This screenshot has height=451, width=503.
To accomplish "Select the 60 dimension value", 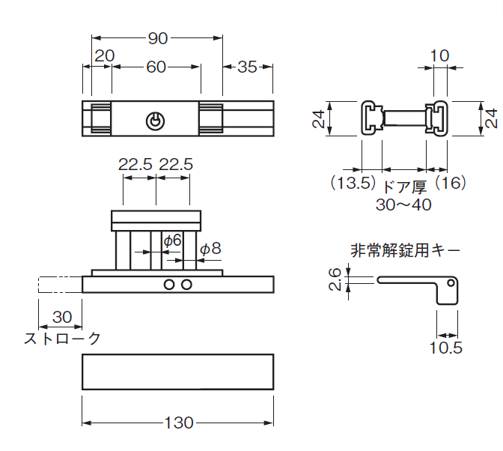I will pos(156,67).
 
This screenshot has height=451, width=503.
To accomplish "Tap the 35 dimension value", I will pos(247,67).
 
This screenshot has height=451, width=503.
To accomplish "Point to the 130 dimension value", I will pos(178,423).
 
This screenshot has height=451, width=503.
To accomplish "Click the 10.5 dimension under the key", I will pos(446,348).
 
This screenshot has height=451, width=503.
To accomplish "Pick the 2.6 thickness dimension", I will pos(335,279).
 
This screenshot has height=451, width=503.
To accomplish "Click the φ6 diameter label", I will pos(172,240).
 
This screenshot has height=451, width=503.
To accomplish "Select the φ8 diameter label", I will pos(210,248).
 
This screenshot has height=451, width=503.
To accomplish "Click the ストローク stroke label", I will pos(62,338).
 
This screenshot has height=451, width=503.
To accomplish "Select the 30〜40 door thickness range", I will pos(403,205).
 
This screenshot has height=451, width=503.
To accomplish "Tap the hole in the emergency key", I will pos(451,283).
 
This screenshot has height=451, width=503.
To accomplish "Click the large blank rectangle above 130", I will pos(177,372).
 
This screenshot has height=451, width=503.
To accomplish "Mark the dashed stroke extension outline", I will pos(59,285).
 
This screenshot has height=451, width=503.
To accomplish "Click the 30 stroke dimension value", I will pos(62,318).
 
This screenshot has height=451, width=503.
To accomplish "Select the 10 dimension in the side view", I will pos(440,55).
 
